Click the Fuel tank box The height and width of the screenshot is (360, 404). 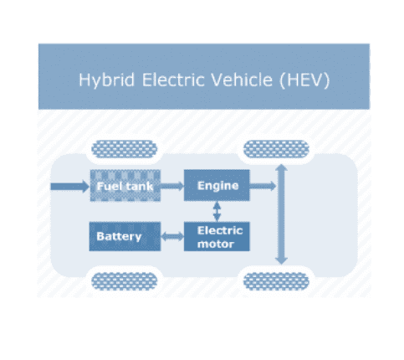125,185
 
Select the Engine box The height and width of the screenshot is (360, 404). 217,185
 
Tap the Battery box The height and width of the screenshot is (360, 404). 125,236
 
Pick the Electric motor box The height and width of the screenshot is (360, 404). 217,236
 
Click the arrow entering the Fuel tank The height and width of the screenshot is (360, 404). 69,186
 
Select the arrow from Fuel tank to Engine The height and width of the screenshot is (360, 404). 172,186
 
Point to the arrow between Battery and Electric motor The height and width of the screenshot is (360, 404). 172,237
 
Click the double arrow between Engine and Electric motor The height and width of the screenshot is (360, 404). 217,211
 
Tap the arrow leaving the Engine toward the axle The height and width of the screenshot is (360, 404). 263,186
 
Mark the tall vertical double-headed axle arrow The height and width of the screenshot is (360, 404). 281,214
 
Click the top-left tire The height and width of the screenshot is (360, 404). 125,149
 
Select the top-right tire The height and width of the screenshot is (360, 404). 276,149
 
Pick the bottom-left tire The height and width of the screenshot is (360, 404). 125,281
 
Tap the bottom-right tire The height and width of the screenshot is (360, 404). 276,281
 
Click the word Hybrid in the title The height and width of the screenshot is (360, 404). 107,80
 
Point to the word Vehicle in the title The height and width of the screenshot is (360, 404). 242,80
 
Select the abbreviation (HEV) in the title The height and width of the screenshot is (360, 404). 304,80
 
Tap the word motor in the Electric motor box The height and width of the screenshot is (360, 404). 216,244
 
